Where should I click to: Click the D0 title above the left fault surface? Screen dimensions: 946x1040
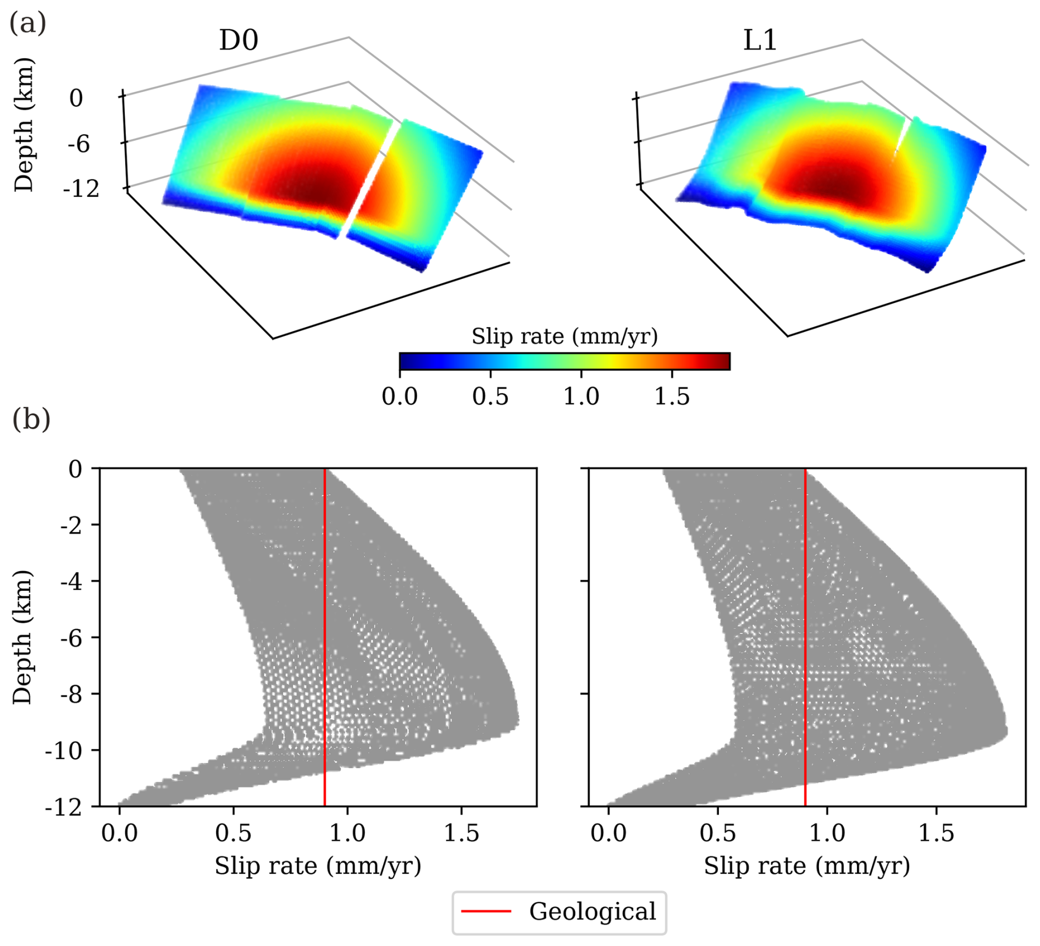pos(239,40)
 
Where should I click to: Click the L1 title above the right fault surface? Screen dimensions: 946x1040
pos(760,40)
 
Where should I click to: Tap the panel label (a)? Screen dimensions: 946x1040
pos(27,23)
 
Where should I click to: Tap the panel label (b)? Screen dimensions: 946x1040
pos(31,419)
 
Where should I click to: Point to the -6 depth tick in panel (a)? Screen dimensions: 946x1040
pos(79,144)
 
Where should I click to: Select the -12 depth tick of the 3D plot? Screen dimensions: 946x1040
pos(81,189)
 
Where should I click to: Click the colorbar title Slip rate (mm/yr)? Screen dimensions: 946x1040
pos(565,336)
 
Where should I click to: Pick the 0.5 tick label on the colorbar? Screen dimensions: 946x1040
pos(490,396)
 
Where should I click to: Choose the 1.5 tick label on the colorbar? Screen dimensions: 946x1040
pos(672,396)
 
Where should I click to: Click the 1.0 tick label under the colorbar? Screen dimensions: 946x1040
pos(581,396)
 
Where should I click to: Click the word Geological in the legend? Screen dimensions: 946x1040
pos(593,911)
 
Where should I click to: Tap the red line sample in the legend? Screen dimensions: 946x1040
pos(486,911)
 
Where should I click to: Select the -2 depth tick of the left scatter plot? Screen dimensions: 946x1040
pos(70,525)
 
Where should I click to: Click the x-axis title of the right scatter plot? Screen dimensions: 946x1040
pos(807,866)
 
